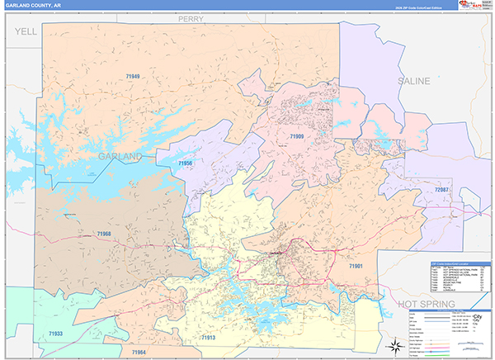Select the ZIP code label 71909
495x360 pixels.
(x=297, y=135)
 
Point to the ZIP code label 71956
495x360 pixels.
(x=186, y=163)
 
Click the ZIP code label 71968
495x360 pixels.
(x=104, y=234)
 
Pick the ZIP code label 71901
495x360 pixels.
(x=356, y=266)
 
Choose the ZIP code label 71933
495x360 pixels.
(x=56, y=334)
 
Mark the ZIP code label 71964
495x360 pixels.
(x=139, y=353)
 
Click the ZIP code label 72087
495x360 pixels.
(x=442, y=190)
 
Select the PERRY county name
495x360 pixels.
(x=191, y=17)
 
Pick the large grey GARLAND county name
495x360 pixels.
(x=120, y=155)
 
